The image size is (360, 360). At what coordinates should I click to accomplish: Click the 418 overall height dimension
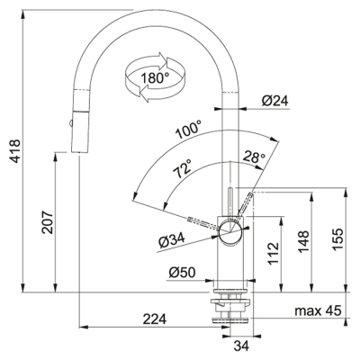click(15, 151)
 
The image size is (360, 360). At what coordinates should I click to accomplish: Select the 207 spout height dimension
click(48, 222)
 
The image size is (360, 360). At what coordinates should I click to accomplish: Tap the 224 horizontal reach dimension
click(155, 319)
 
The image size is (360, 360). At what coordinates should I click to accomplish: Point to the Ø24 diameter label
click(274, 101)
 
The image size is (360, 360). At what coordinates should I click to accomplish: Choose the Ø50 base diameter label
click(182, 273)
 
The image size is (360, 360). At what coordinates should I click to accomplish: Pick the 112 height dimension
click(274, 254)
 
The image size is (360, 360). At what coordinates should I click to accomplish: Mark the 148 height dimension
click(303, 242)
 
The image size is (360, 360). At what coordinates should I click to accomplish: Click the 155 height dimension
click(337, 239)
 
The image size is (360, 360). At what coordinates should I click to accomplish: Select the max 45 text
click(318, 310)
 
